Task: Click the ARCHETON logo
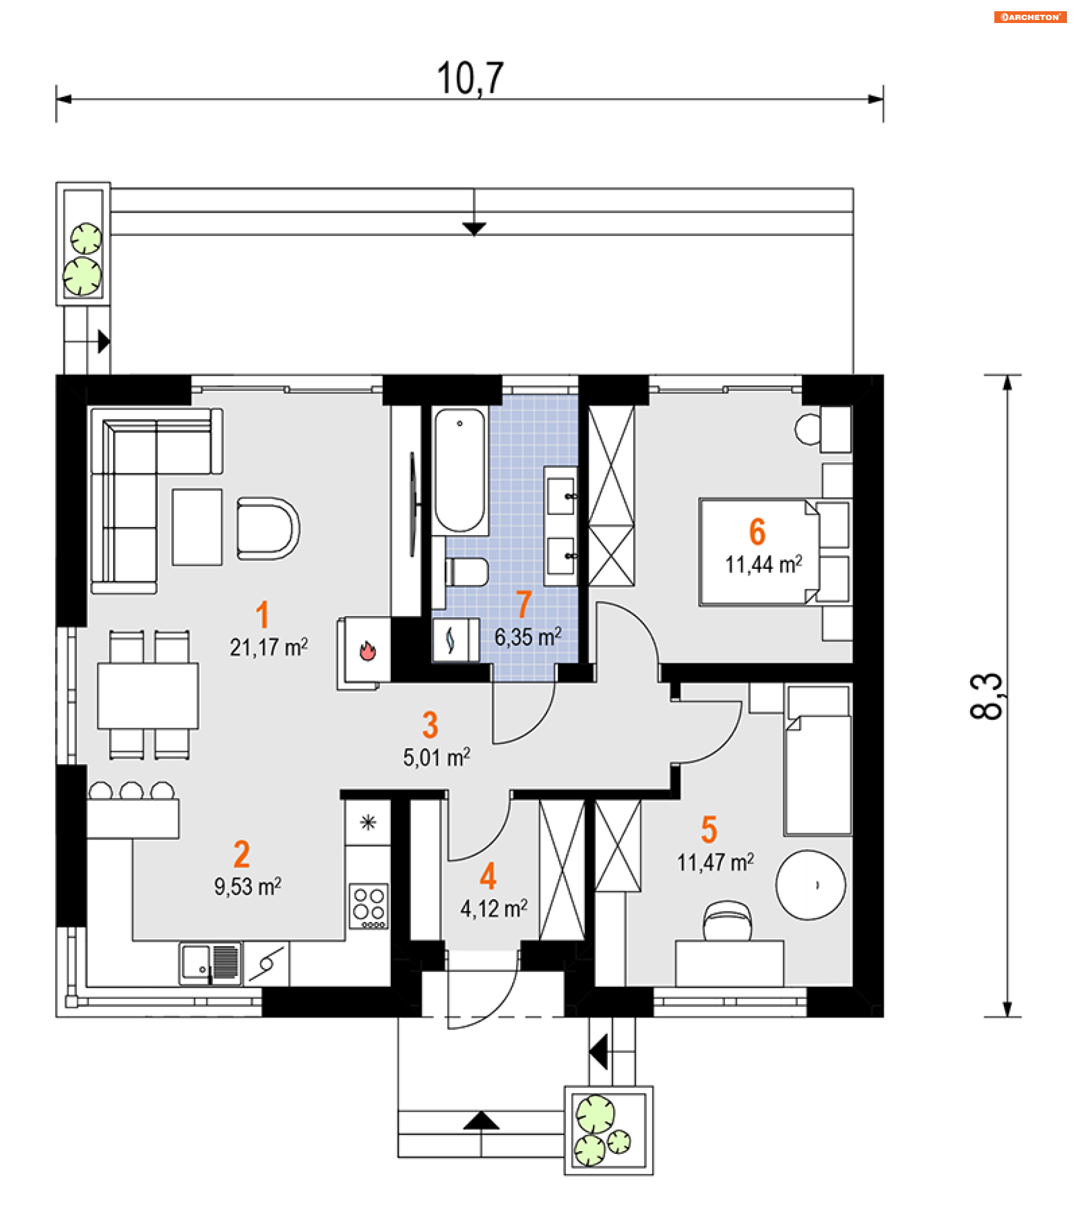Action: coord(1029,17)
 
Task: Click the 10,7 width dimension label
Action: coord(470,78)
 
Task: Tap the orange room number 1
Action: coord(262,615)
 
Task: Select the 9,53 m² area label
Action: coord(248,887)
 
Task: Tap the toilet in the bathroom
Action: coord(467,572)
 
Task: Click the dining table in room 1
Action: coord(148,696)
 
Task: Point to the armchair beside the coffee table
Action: coord(268,528)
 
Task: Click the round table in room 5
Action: coord(810,885)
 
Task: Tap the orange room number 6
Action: coord(757,532)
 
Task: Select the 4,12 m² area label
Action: coord(494,909)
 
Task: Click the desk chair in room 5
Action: coord(727,920)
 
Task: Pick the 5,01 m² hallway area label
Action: coord(437,758)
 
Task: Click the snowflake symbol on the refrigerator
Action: coord(368,822)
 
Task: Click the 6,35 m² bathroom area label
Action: coord(528,637)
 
